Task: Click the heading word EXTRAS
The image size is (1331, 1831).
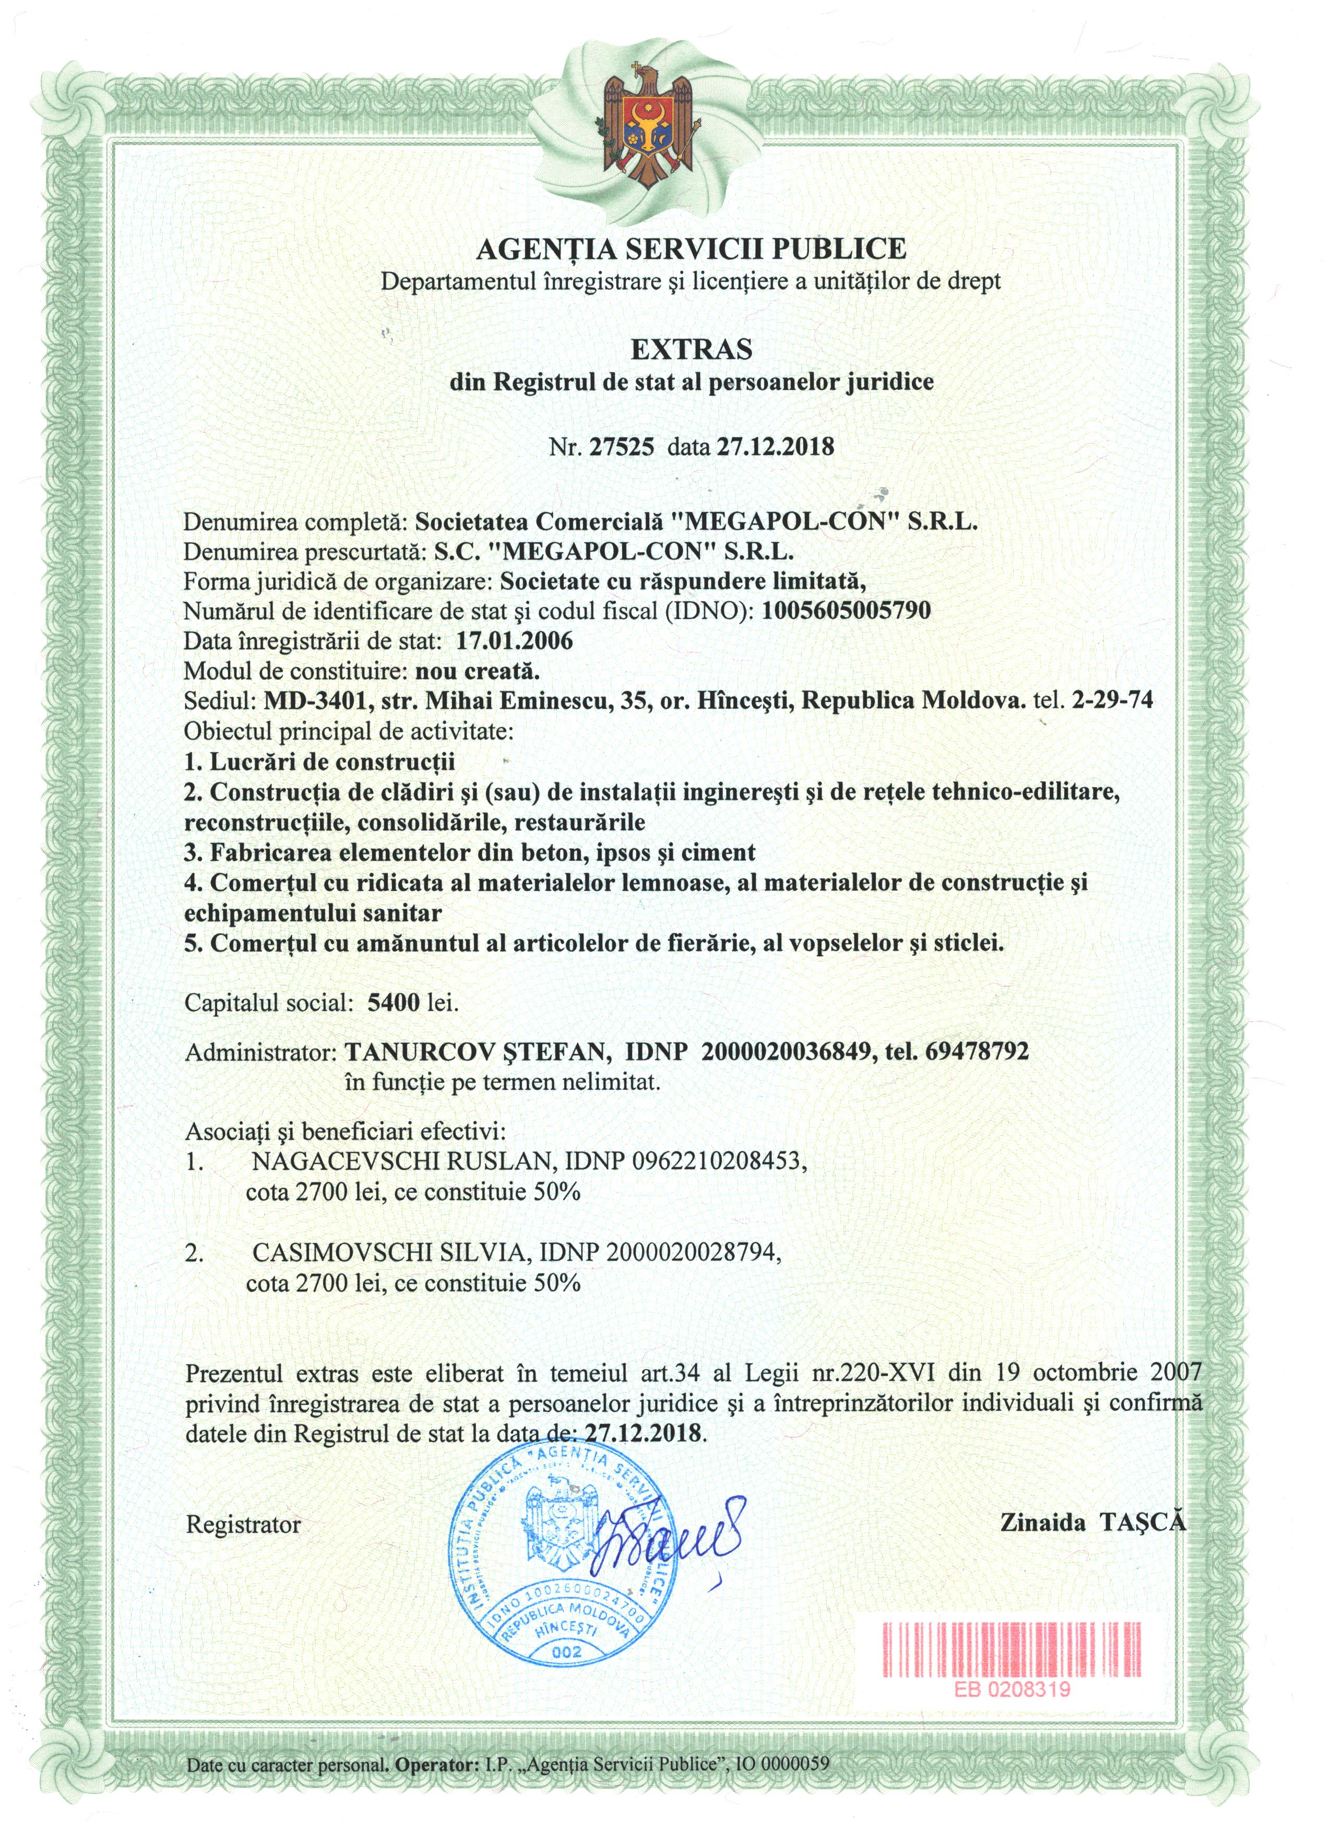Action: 691,350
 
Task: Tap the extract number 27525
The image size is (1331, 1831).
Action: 622,447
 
